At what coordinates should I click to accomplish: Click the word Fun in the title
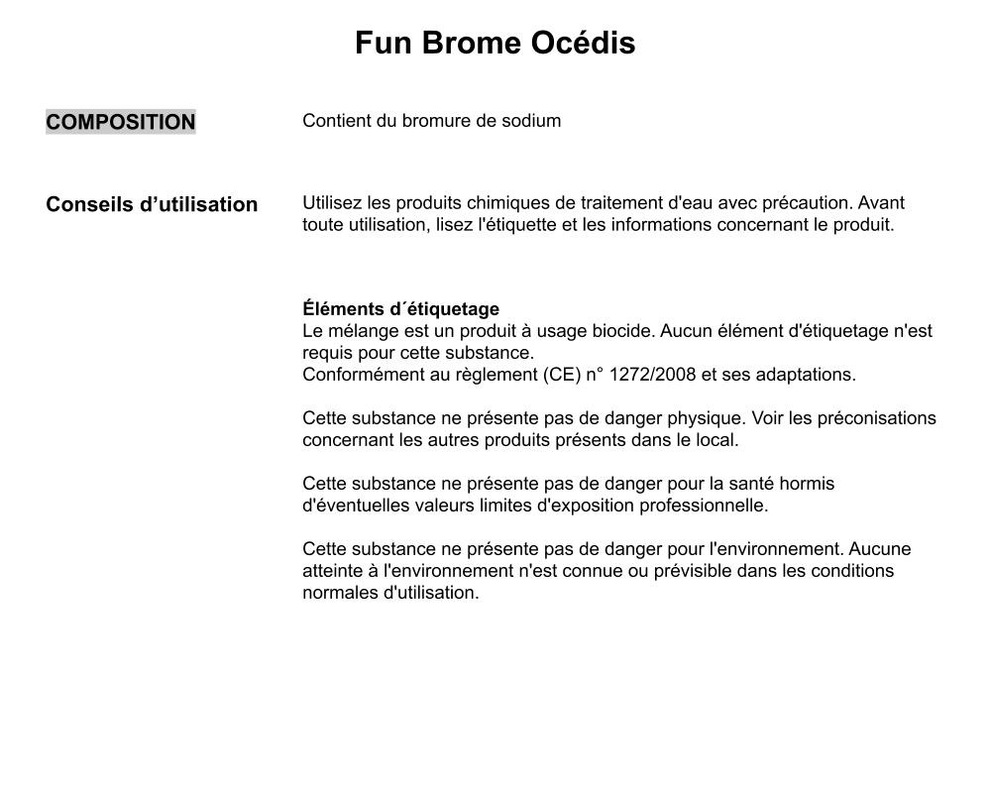tap(385, 44)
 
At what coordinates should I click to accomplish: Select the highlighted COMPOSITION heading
tap(121, 122)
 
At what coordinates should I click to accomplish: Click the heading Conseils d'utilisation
tap(152, 204)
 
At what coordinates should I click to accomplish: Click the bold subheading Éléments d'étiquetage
tap(400, 309)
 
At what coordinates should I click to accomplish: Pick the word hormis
tap(807, 484)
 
